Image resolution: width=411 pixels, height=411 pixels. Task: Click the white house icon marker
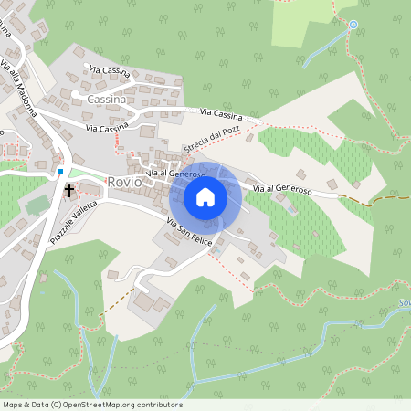pyautogui.click(x=205, y=197)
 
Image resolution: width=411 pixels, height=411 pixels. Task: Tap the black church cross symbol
pyautogui.click(x=68, y=191)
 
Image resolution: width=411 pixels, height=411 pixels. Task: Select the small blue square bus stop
pyautogui.click(x=60, y=171)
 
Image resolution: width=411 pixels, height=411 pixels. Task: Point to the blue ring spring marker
pyautogui.click(x=353, y=25)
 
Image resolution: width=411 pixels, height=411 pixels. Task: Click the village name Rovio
pyautogui.click(x=124, y=182)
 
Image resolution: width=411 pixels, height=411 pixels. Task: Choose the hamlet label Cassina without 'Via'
pyautogui.click(x=112, y=98)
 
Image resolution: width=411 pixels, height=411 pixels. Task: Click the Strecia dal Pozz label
pyautogui.click(x=210, y=140)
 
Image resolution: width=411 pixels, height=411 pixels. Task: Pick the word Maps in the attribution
pyautogui.click(x=14, y=405)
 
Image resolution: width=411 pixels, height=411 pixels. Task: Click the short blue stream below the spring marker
pyautogui.click(x=324, y=48)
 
